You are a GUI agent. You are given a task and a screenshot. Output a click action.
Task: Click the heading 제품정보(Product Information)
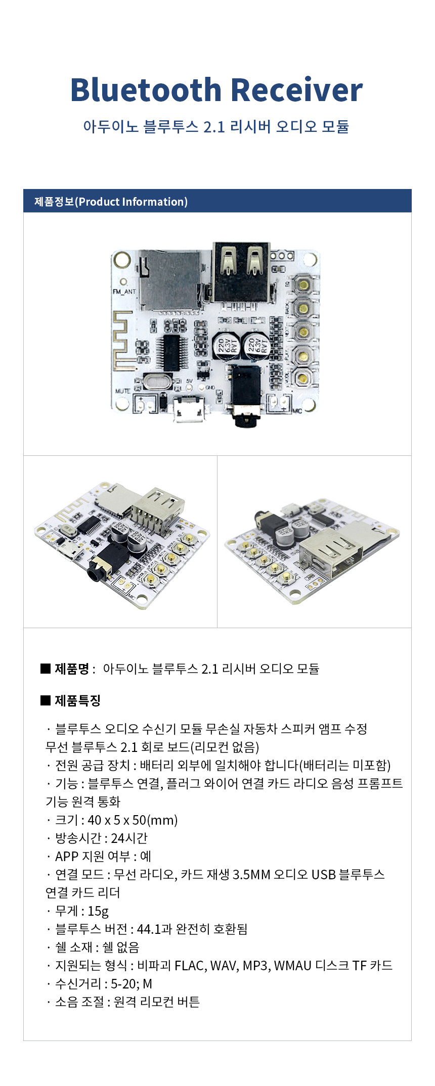[111, 202]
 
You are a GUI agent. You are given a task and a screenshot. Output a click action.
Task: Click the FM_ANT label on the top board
[124, 292]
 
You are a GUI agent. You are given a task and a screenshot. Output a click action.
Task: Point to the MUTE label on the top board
[122, 391]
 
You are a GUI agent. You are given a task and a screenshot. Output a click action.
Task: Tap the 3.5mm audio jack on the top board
[245, 397]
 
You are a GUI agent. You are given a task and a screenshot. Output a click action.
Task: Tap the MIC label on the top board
[297, 410]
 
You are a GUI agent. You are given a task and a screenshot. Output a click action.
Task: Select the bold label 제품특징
[77, 700]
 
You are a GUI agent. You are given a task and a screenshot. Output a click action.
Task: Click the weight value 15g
[98, 911]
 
